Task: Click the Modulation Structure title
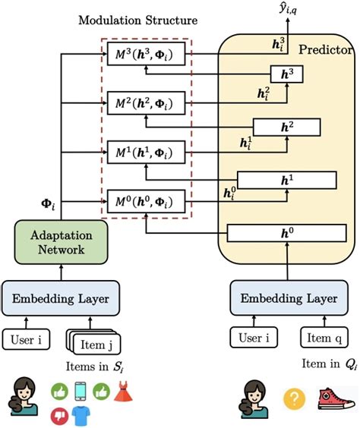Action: click(x=138, y=19)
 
